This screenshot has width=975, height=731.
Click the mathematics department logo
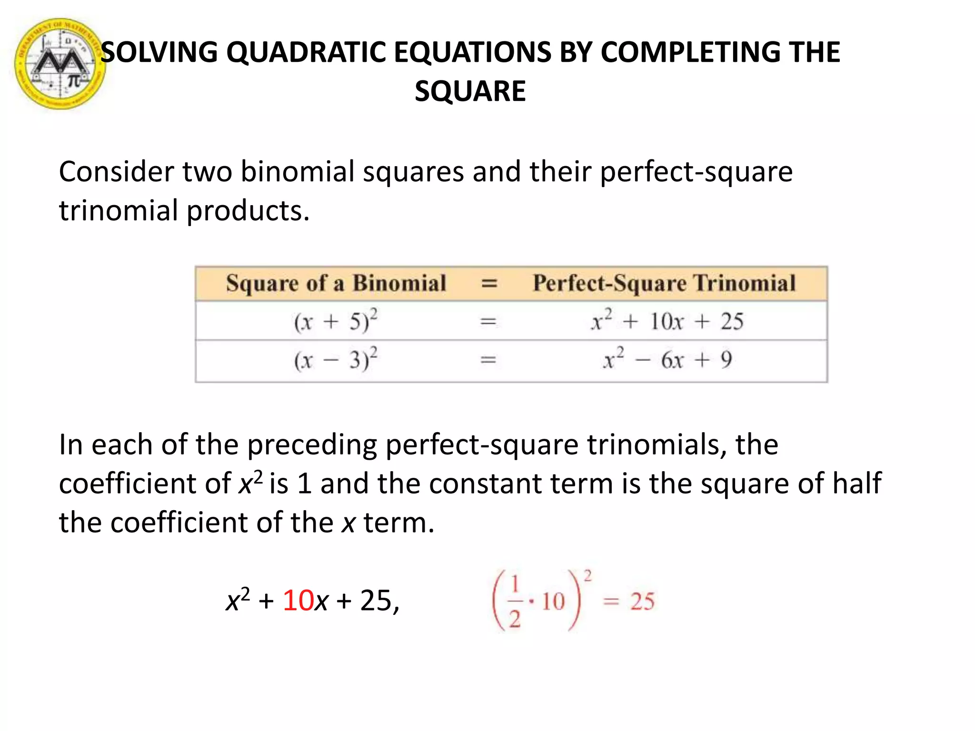point(60,64)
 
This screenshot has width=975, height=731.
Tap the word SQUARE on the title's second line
point(470,91)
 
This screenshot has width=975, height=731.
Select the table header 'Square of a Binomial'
point(336,283)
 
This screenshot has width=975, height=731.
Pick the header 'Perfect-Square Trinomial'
point(664,283)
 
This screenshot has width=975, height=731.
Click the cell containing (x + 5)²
point(336,321)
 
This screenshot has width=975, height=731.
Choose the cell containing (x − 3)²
point(336,360)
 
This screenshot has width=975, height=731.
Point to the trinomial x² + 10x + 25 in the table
point(667,321)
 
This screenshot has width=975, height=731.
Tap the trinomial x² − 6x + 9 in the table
point(667,360)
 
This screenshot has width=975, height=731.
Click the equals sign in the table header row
point(489,284)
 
